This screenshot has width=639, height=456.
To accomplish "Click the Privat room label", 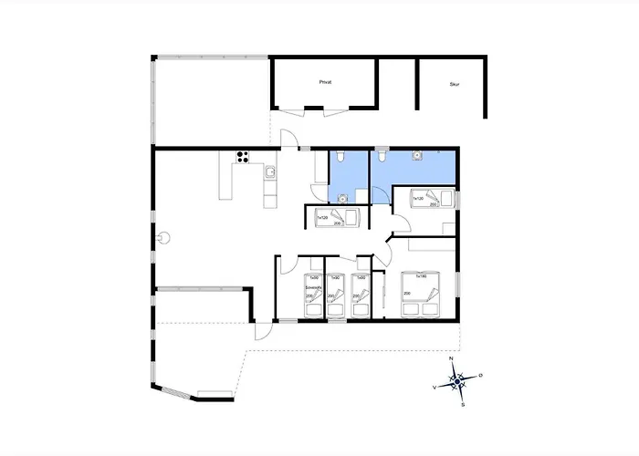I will [325, 82].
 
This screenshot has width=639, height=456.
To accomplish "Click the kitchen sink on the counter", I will [270, 171].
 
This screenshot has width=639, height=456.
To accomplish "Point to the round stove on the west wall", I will [164, 237].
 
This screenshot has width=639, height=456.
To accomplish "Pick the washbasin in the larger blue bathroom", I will [417, 156].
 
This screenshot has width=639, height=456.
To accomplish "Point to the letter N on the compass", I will [453, 360].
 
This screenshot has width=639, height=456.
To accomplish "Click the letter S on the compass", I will [463, 404].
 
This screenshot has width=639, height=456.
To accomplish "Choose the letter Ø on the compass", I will [481, 376].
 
